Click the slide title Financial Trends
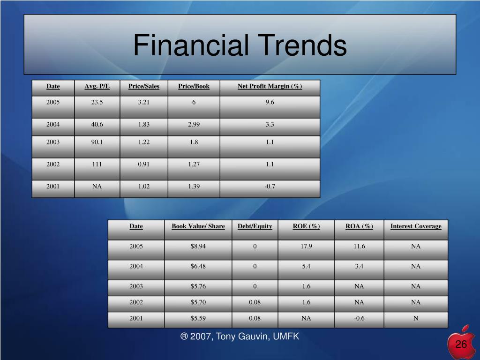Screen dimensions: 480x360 tap(240, 45)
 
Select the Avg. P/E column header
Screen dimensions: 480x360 tap(97, 86)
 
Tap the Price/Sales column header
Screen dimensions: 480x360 tap(144, 86)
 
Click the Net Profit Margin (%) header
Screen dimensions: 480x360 tap(270, 86)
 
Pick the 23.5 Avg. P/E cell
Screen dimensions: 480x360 tap(97, 102)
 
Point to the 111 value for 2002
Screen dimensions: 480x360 tap(97, 165)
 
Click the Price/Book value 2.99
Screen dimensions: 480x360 tap(194, 125)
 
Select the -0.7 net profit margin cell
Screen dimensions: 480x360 tap(270, 187)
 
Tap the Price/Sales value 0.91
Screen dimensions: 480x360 tap(144, 165)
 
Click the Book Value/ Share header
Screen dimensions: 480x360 tap(198, 226)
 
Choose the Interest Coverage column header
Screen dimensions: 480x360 tap(416, 226)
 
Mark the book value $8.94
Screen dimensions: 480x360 tap(198, 247)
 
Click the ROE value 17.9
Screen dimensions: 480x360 tap(306, 247)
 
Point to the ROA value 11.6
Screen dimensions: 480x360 tap(359, 247)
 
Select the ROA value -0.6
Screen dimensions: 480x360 tap(359, 318)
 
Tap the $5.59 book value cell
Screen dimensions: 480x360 tap(198, 318)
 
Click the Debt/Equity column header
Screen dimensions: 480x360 tap(255, 226)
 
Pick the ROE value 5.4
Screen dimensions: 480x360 tap(306, 266)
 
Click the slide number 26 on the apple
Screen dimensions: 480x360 tap(461, 345)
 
